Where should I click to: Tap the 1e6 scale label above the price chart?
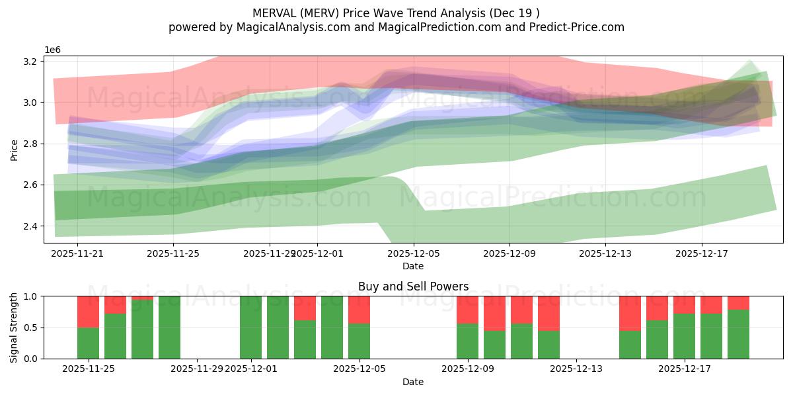tap(53, 50)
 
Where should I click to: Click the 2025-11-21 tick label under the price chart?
tap(77, 253)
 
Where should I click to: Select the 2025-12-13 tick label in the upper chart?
tap(605, 253)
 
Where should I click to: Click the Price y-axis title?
tap(15, 150)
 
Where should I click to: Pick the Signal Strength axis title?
tap(15, 328)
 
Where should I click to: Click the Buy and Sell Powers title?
tap(413, 287)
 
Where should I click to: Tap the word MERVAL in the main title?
tap(276, 13)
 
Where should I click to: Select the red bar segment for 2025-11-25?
tap(88, 312)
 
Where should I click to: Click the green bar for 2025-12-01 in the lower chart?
tap(250, 328)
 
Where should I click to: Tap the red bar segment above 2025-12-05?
tap(359, 310)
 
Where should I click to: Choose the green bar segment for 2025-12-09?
tap(467, 341)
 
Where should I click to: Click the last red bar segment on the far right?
tap(738, 303)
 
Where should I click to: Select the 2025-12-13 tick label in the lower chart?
tap(576, 369)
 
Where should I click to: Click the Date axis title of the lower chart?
tap(413, 382)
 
